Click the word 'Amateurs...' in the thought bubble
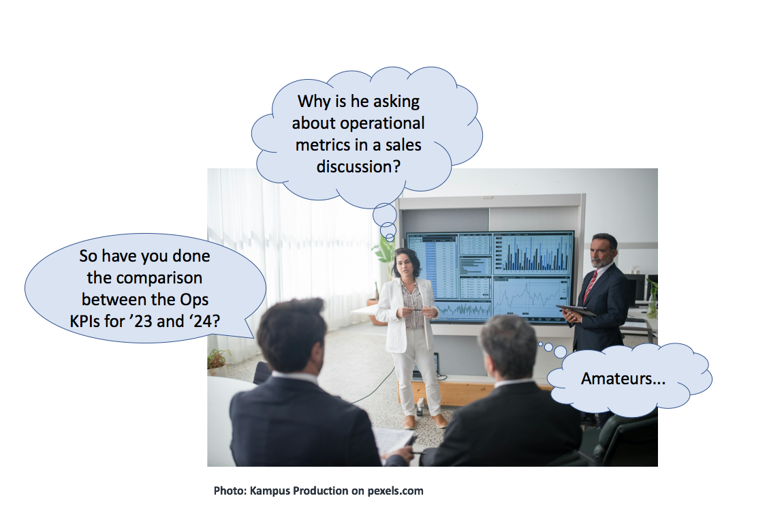click(623, 379)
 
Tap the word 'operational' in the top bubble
click(358, 124)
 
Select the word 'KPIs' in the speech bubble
click(85, 321)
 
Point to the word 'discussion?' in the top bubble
click(358, 166)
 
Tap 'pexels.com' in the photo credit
click(396, 491)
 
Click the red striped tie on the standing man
click(590, 287)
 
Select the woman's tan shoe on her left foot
click(440, 420)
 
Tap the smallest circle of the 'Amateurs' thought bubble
click(541, 344)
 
